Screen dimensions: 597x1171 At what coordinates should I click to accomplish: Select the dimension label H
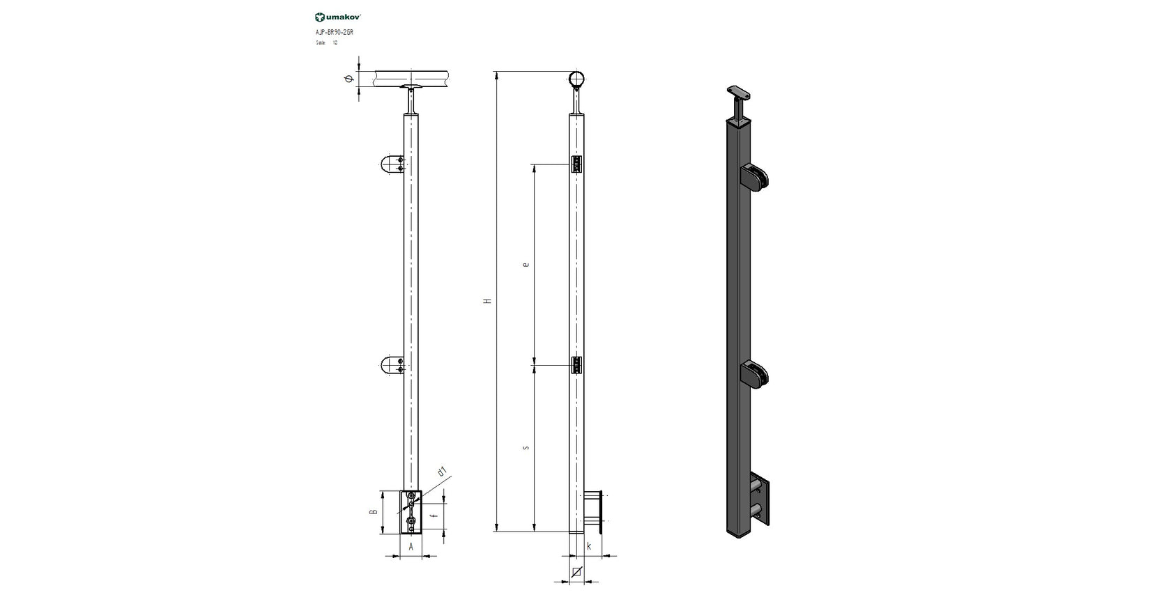pyautogui.click(x=488, y=301)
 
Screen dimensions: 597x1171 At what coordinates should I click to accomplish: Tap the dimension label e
pyautogui.click(x=526, y=265)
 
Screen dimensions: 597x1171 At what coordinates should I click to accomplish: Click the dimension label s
pyautogui.click(x=526, y=447)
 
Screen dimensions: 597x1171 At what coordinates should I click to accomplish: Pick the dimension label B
pyautogui.click(x=374, y=511)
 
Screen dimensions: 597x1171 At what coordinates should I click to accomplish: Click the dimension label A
pyautogui.click(x=411, y=547)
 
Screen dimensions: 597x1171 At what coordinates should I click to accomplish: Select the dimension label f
pyautogui.click(x=434, y=515)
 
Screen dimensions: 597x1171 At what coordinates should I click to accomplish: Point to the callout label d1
pyautogui.click(x=441, y=472)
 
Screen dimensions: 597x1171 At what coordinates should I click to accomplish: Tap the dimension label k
pyautogui.click(x=589, y=547)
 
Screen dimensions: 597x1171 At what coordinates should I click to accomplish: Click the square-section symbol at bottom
pyautogui.click(x=576, y=573)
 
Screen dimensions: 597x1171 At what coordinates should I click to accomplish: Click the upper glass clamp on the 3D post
pyautogui.click(x=756, y=178)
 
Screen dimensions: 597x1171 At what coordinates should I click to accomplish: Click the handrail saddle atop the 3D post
pyautogui.click(x=740, y=92)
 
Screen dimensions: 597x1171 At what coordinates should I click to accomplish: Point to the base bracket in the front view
pyautogui.click(x=411, y=512)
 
